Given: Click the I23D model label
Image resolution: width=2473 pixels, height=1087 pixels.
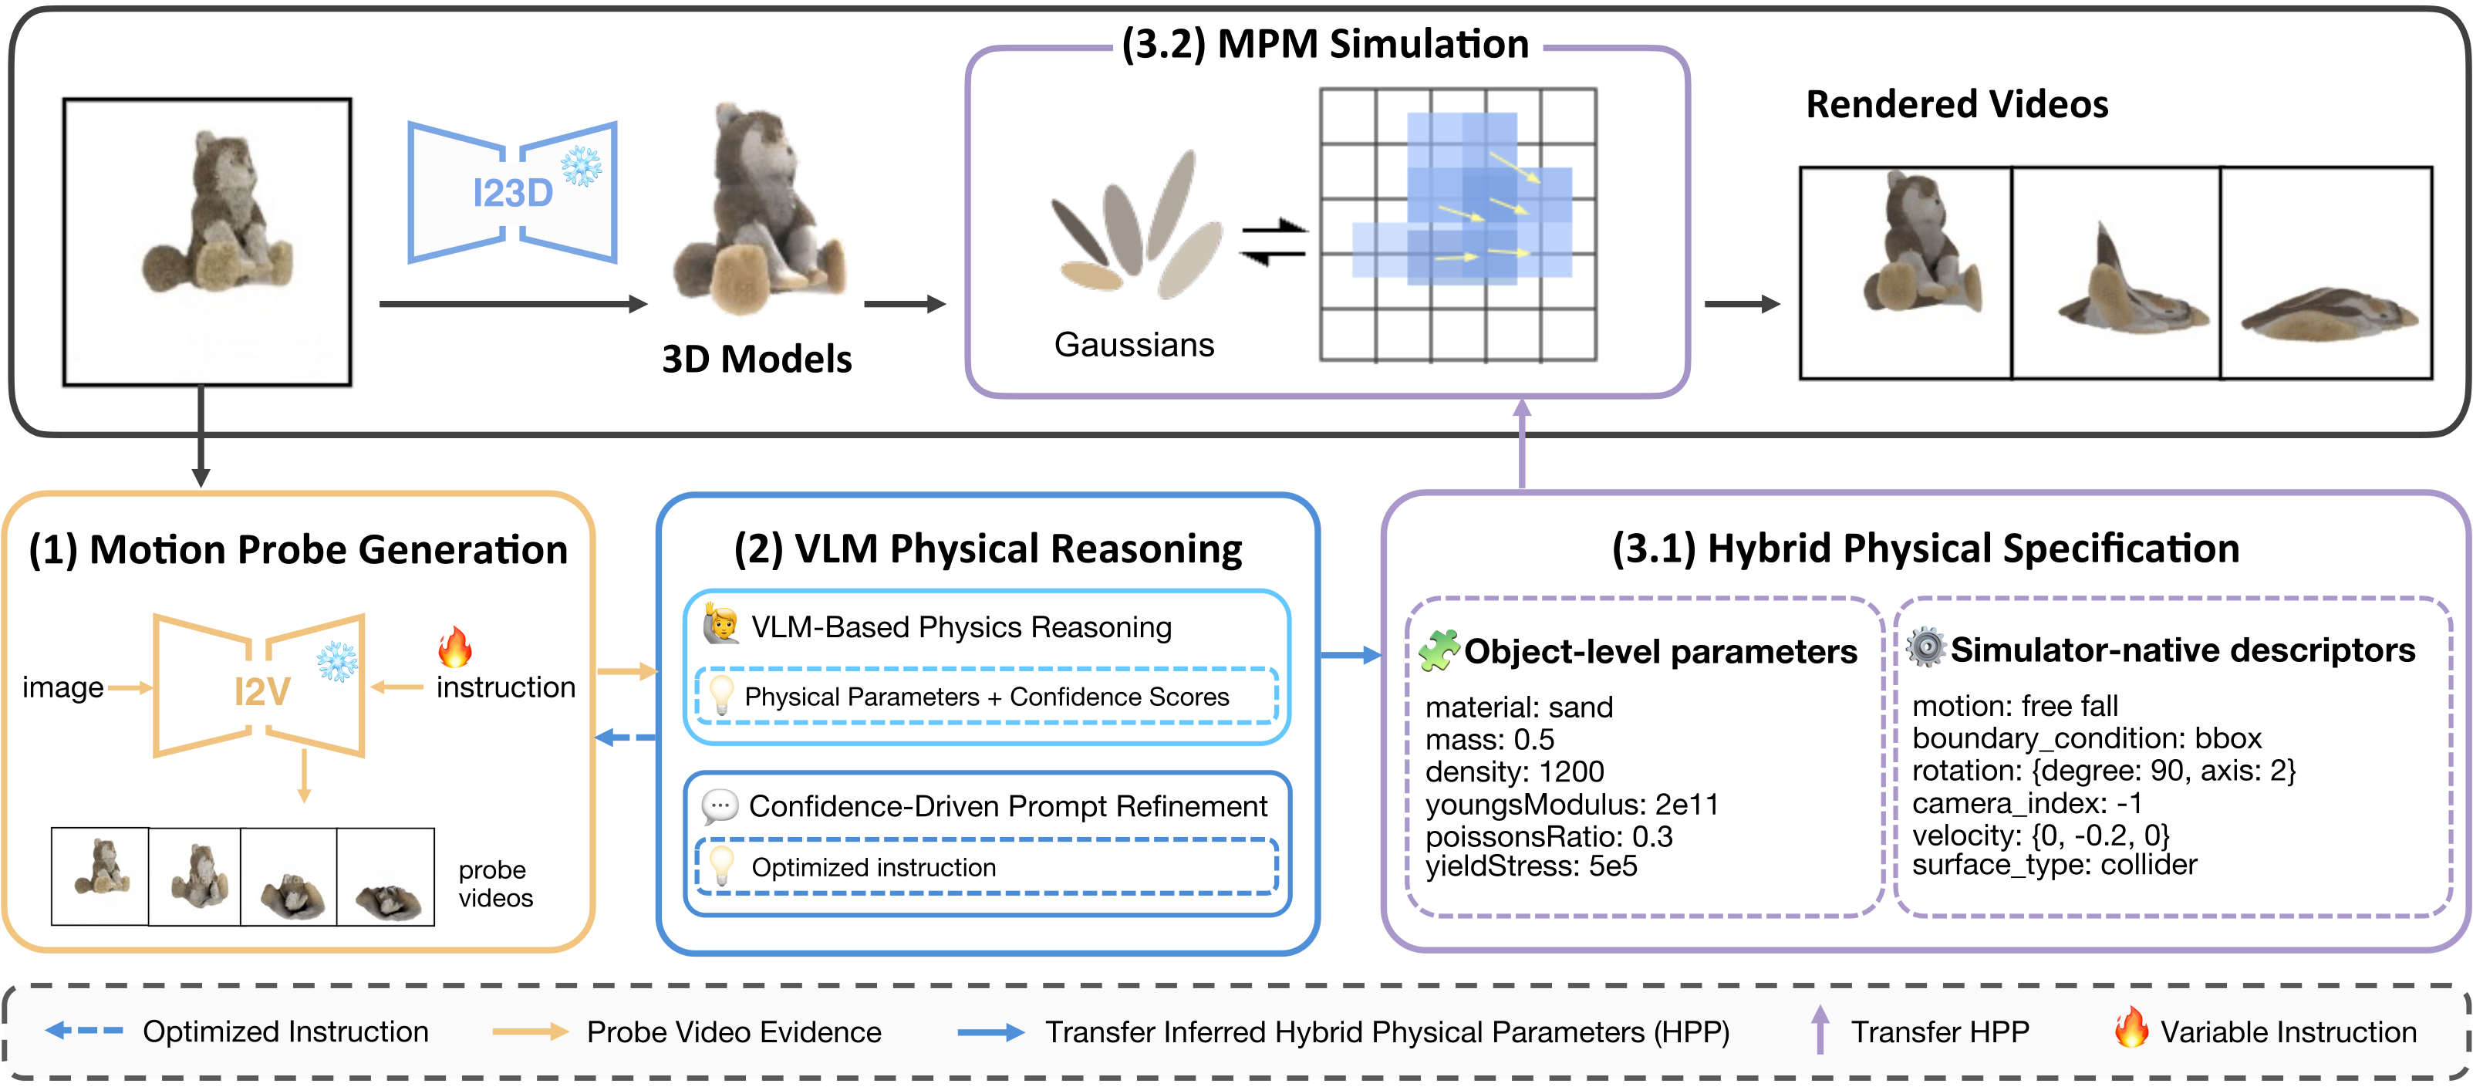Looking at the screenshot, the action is (513, 194).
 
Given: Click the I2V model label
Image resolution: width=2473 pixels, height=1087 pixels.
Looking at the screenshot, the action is (262, 691).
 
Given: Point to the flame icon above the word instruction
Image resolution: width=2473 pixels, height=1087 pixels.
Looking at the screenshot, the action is (455, 647).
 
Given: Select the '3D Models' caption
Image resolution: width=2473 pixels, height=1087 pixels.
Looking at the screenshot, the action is (757, 360).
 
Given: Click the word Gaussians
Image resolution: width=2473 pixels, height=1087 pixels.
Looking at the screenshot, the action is (1134, 345).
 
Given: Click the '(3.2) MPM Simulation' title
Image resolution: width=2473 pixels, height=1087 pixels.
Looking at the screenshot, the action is (1325, 44).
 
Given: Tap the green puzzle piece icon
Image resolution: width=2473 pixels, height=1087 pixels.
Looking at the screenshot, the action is (1439, 650).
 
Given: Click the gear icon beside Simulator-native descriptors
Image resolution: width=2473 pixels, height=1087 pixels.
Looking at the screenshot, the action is (1926, 647).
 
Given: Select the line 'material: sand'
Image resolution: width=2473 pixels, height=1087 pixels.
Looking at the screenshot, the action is (1519, 707).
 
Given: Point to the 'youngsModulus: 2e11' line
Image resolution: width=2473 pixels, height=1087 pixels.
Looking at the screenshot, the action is (1571, 805).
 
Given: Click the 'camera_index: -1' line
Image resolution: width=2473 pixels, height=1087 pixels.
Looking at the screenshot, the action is (2026, 803).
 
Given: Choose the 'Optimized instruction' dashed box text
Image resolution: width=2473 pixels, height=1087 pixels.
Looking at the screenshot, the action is (874, 867).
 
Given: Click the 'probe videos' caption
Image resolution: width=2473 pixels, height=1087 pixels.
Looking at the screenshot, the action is (495, 883).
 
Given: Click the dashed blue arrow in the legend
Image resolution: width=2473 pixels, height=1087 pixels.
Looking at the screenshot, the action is (85, 1031).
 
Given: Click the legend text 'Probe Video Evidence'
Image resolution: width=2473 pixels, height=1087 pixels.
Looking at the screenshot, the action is (734, 1032).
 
